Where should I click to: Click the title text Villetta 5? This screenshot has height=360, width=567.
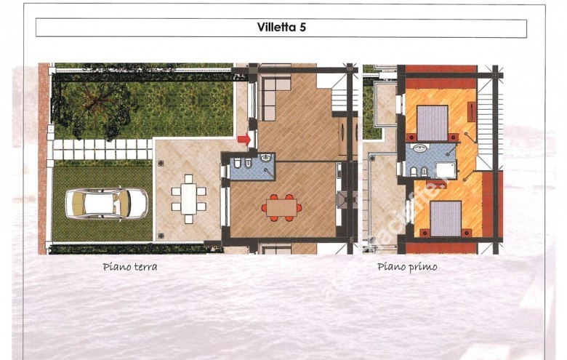[281, 28]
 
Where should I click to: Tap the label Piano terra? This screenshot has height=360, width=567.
[130, 267]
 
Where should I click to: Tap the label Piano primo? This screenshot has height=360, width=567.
[407, 267]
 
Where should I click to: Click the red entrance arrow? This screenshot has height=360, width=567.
[244, 139]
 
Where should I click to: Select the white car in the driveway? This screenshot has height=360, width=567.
[106, 204]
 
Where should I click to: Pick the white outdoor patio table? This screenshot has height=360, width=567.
[188, 199]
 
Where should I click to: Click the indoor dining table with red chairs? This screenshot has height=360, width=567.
[280, 208]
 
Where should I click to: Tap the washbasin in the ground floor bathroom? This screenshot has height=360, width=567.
[265, 157]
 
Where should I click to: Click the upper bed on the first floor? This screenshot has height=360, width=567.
[433, 123]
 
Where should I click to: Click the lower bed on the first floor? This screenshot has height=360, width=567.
[445, 218]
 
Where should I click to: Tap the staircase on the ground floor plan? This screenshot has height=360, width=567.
[339, 92]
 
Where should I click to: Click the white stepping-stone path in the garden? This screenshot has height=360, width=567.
[102, 149]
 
